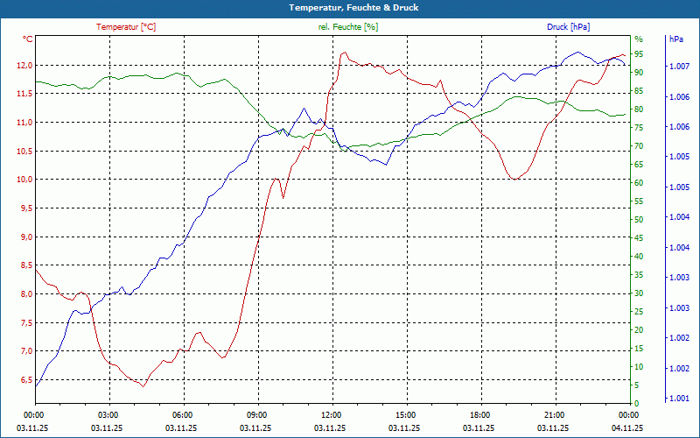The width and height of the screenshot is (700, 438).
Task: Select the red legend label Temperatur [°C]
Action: [x=126, y=27]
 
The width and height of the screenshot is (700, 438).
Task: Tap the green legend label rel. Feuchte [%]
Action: [x=348, y=27]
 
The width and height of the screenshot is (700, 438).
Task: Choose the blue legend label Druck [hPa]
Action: [x=569, y=27]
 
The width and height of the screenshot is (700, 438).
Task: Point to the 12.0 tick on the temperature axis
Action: [x=24, y=66]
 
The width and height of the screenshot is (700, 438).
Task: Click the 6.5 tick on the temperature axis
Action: [x=24, y=380]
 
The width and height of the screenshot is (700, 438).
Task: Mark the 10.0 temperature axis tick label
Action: [x=24, y=180]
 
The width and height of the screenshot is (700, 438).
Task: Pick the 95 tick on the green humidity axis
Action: [x=639, y=53]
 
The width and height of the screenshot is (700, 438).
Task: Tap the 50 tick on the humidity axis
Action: [x=639, y=220]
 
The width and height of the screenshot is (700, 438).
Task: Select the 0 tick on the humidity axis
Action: [x=636, y=404]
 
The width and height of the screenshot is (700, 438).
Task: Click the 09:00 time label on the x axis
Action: [x=256, y=414]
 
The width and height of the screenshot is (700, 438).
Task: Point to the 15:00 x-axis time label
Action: [x=405, y=414]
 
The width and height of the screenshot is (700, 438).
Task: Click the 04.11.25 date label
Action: [x=627, y=428]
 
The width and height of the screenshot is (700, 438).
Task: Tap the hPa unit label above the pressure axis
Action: [x=675, y=39]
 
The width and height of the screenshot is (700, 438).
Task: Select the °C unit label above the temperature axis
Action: [x=28, y=39]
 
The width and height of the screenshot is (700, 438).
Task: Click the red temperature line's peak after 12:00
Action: [x=344, y=53]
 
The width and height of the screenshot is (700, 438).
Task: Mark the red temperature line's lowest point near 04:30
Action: [x=143, y=385]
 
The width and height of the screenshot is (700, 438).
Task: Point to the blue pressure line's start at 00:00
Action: [x=35, y=385]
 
